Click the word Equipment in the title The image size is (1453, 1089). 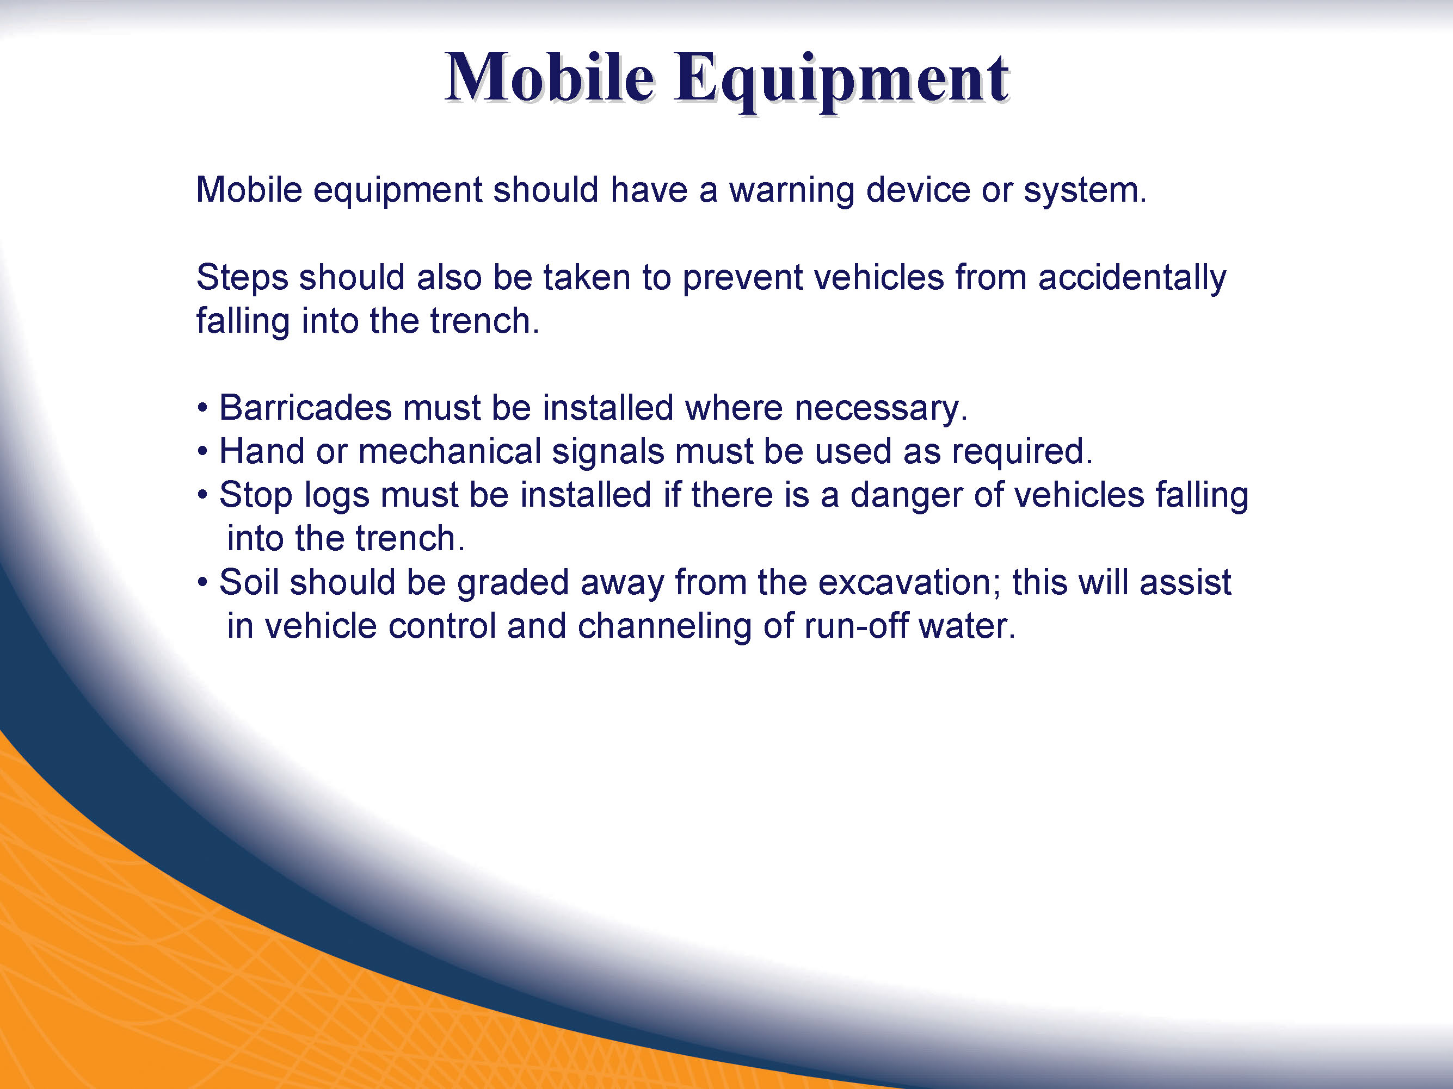pos(841,81)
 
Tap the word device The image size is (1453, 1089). pos(918,190)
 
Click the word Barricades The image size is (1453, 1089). pos(305,408)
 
